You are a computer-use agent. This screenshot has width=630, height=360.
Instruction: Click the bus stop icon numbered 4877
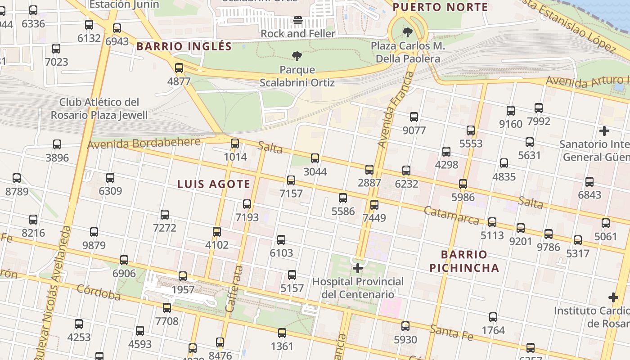coord(179,68)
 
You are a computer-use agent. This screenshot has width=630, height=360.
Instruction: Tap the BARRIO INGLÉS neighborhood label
coord(184,46)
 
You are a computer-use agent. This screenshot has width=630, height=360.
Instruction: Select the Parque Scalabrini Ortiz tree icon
coord(297,56)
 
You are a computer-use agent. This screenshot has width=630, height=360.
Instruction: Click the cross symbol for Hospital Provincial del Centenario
coord(358,268)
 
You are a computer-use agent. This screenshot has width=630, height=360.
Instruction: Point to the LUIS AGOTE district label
coord(214,184)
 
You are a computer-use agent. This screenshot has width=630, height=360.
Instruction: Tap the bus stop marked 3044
coord(315,158)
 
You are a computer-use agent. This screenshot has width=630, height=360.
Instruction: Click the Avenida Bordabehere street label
coord(144,144)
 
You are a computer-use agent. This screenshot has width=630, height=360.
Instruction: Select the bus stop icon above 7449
coord(374,205)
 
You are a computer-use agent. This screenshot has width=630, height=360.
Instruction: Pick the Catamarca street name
coord(451,216)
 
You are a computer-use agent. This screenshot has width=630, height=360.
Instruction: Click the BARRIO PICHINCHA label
coord(464,261)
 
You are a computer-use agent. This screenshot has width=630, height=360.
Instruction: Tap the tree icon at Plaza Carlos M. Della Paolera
coord(408,32)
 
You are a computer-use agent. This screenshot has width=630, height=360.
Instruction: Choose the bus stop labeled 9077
coord(414,117)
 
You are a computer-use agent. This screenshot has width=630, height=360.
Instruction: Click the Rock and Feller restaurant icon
coord(298,20)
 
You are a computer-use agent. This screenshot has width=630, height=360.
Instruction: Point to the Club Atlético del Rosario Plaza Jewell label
coord(99,108)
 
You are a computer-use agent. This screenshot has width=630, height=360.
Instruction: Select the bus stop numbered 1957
coord(183,276)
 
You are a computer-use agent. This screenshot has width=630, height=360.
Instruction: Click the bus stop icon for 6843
coord(589,182)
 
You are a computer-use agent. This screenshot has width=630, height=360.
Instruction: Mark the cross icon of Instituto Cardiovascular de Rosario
coord(613,297)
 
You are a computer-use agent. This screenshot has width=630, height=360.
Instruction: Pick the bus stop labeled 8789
coord(17,178)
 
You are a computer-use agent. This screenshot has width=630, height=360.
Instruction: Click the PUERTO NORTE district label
coord(440,7)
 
